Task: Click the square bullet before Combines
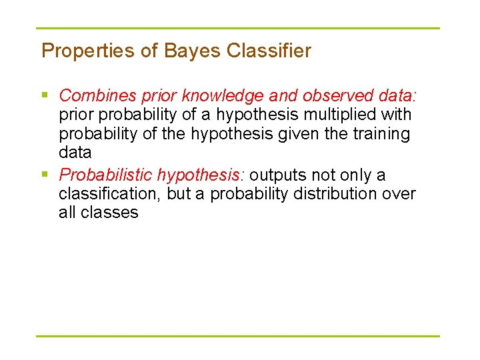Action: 45,96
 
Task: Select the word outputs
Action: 275,175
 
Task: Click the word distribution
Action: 341,194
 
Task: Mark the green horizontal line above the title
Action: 238,29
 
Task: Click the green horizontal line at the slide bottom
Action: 238,335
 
